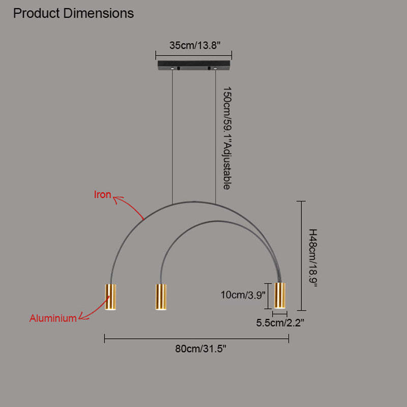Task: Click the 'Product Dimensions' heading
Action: (73, 13)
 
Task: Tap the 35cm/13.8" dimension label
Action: (195, 45)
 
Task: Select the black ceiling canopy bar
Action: (194, 65)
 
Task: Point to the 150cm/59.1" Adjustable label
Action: (226, 138)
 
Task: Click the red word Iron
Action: (103, 194)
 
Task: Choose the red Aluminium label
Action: (53, 318)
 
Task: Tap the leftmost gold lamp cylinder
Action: (110, 297)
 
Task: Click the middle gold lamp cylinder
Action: (161, 297)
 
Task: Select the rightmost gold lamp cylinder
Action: (280, 296)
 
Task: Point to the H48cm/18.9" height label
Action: (313, 258)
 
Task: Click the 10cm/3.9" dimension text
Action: (243, 295)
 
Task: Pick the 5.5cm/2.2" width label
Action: (280, 323)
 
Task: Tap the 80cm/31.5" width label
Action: (200, 348)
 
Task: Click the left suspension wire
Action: (172, 137)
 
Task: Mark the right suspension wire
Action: (215, 136)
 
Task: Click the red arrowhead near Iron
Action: (116, 199)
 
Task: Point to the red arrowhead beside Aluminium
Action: (82, 316)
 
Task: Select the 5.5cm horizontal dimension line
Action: (280, 314)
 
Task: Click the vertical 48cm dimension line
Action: (301, 256)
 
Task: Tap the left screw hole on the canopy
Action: (172, 69)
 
